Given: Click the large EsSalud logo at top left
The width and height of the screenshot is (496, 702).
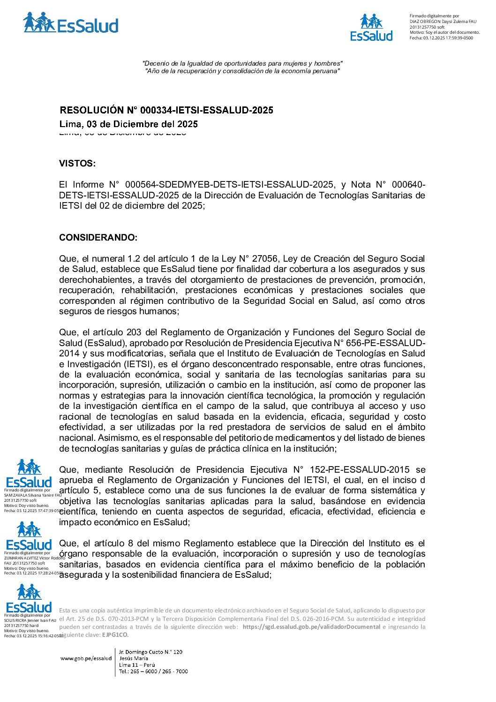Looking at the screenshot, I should [70, 23].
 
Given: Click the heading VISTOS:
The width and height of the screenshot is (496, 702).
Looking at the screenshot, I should [77, 164].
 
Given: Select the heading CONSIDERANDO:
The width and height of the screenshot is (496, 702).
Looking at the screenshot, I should [98, 238].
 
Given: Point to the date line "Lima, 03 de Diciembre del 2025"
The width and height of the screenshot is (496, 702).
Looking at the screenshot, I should [128, 124].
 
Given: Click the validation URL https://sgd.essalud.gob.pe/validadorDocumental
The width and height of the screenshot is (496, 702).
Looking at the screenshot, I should [311, 627].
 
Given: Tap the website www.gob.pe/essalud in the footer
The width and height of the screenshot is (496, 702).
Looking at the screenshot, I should [86, 658].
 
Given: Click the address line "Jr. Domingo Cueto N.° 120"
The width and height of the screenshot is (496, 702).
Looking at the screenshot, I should [150, 652].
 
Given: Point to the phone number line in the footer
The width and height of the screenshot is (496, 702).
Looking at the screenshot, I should [153, 672].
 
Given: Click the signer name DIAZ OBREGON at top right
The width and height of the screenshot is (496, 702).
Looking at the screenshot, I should [425, 22].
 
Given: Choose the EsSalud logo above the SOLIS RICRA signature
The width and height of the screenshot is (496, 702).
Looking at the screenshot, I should [29, 598].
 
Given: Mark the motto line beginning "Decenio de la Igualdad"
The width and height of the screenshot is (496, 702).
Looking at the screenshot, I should [242, 63].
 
